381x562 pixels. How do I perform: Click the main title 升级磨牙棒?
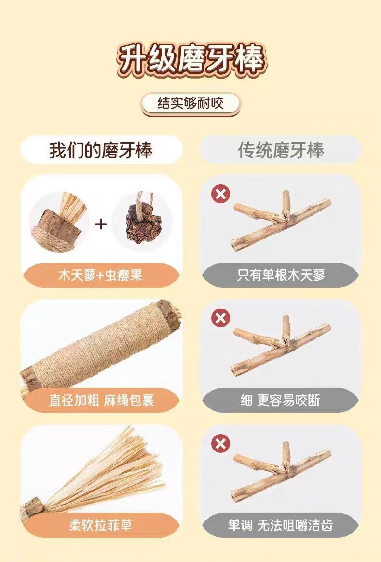pyautogui.click(x=191, y=59)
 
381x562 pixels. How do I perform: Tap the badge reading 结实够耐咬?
pyautogui.click(x=190, y=104)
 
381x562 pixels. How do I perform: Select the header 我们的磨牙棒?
pyautogui.click(x=101, y=150)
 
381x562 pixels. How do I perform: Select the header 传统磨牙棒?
pyautogui.click(x=281, y=150)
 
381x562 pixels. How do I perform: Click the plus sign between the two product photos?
pyautogui.click(x=101, y=224)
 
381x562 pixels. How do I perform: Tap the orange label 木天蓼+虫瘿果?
pyautogui.click(x=101, y=275)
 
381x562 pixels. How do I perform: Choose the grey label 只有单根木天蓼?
pyautogui.click(x=281, y=275)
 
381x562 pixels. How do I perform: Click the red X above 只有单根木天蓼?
pyautogui.click(x=220, y=194)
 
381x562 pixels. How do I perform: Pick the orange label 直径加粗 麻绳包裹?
pyautogui.click(x=101, y=400)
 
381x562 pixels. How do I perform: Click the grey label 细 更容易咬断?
pyautogui.click(x=281, y=400)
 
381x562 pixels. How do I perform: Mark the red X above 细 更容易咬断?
pyautogui.click(x=220, y=318)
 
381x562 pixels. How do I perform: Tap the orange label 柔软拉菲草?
pyautogui.click(x=101, y=525)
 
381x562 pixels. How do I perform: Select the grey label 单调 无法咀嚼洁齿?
pyautogui.click(x=281, y=525)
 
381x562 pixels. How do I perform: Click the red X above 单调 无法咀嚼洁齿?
pyautogui.click(x=220, y=444)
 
